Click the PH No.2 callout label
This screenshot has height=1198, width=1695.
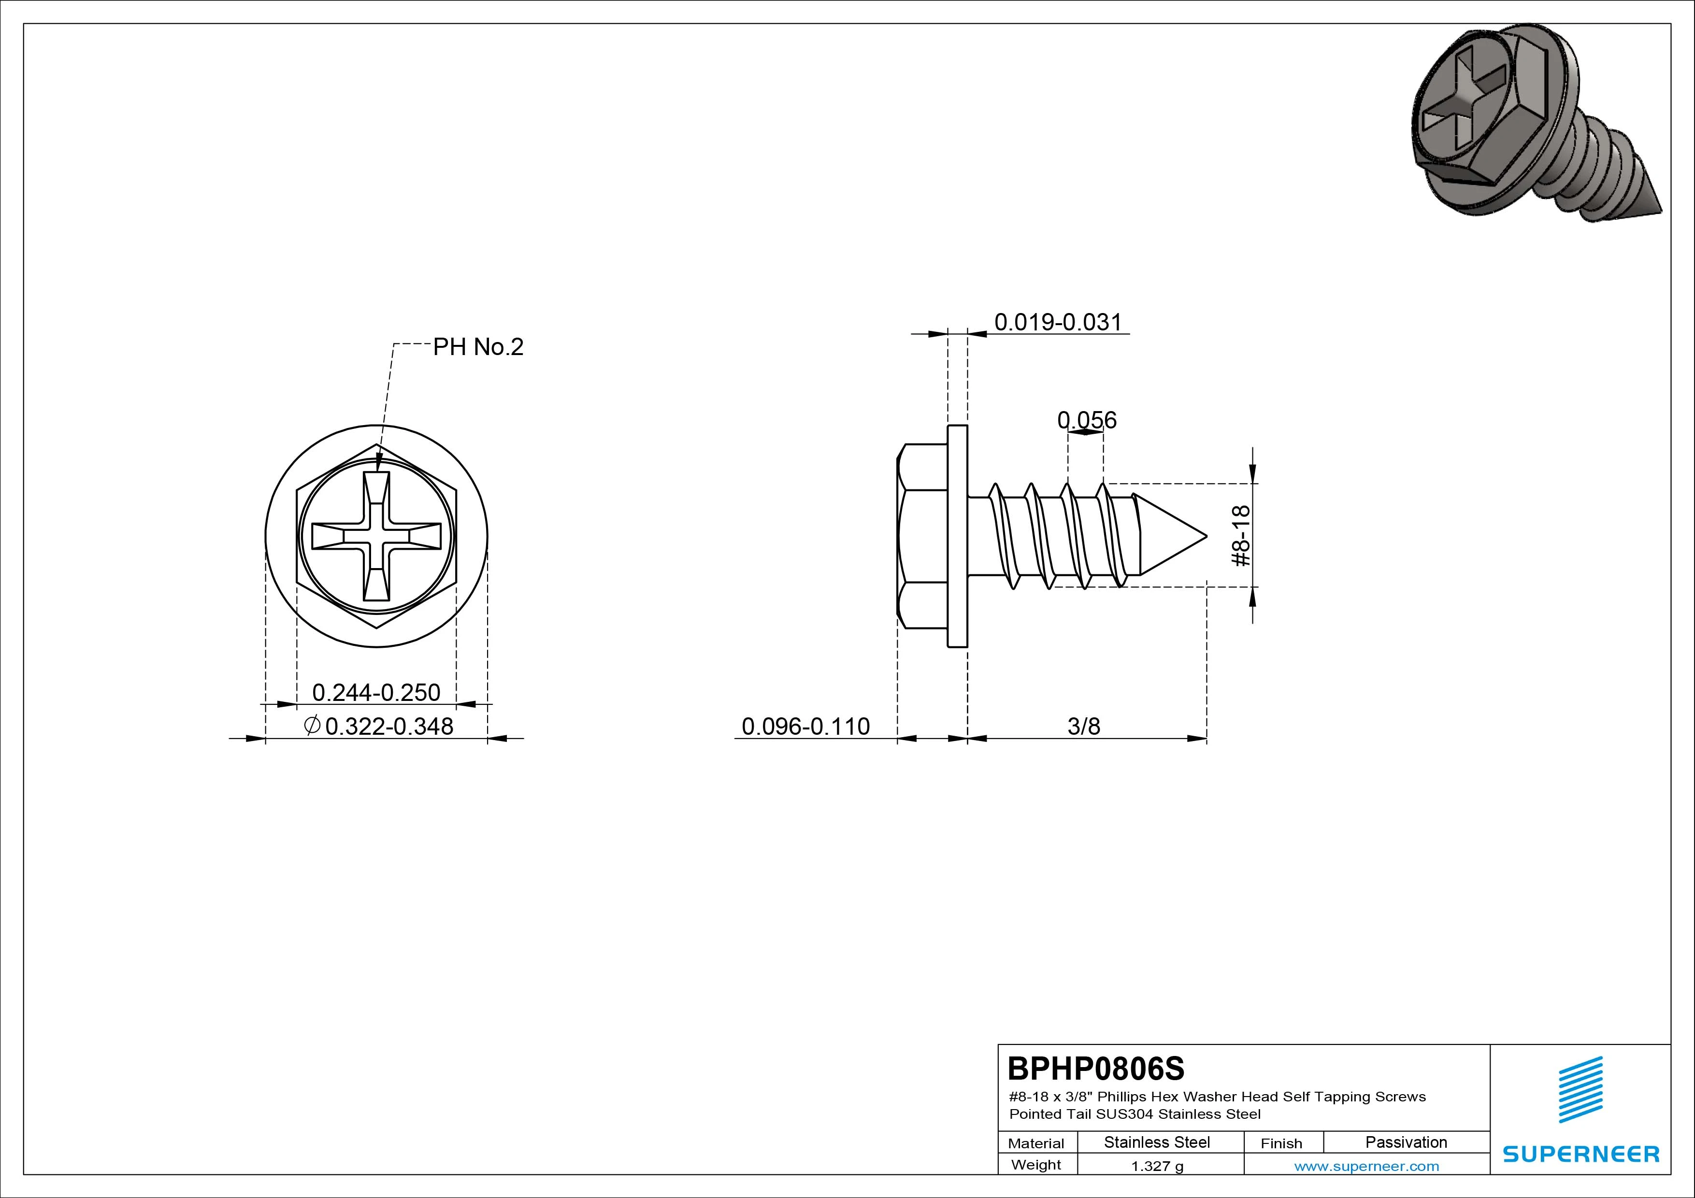point(478,347)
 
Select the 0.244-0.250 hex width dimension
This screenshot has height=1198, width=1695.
point(376,692)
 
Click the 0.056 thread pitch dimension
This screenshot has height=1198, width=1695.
point(1087,420)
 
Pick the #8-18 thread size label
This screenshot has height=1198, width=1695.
point(1242,535)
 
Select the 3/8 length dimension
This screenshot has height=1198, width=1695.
point(1084,727)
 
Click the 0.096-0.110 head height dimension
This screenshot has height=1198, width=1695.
point(805,727)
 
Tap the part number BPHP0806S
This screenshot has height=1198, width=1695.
point(1095,1068)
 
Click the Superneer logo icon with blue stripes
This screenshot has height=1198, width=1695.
point(1580,1089)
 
